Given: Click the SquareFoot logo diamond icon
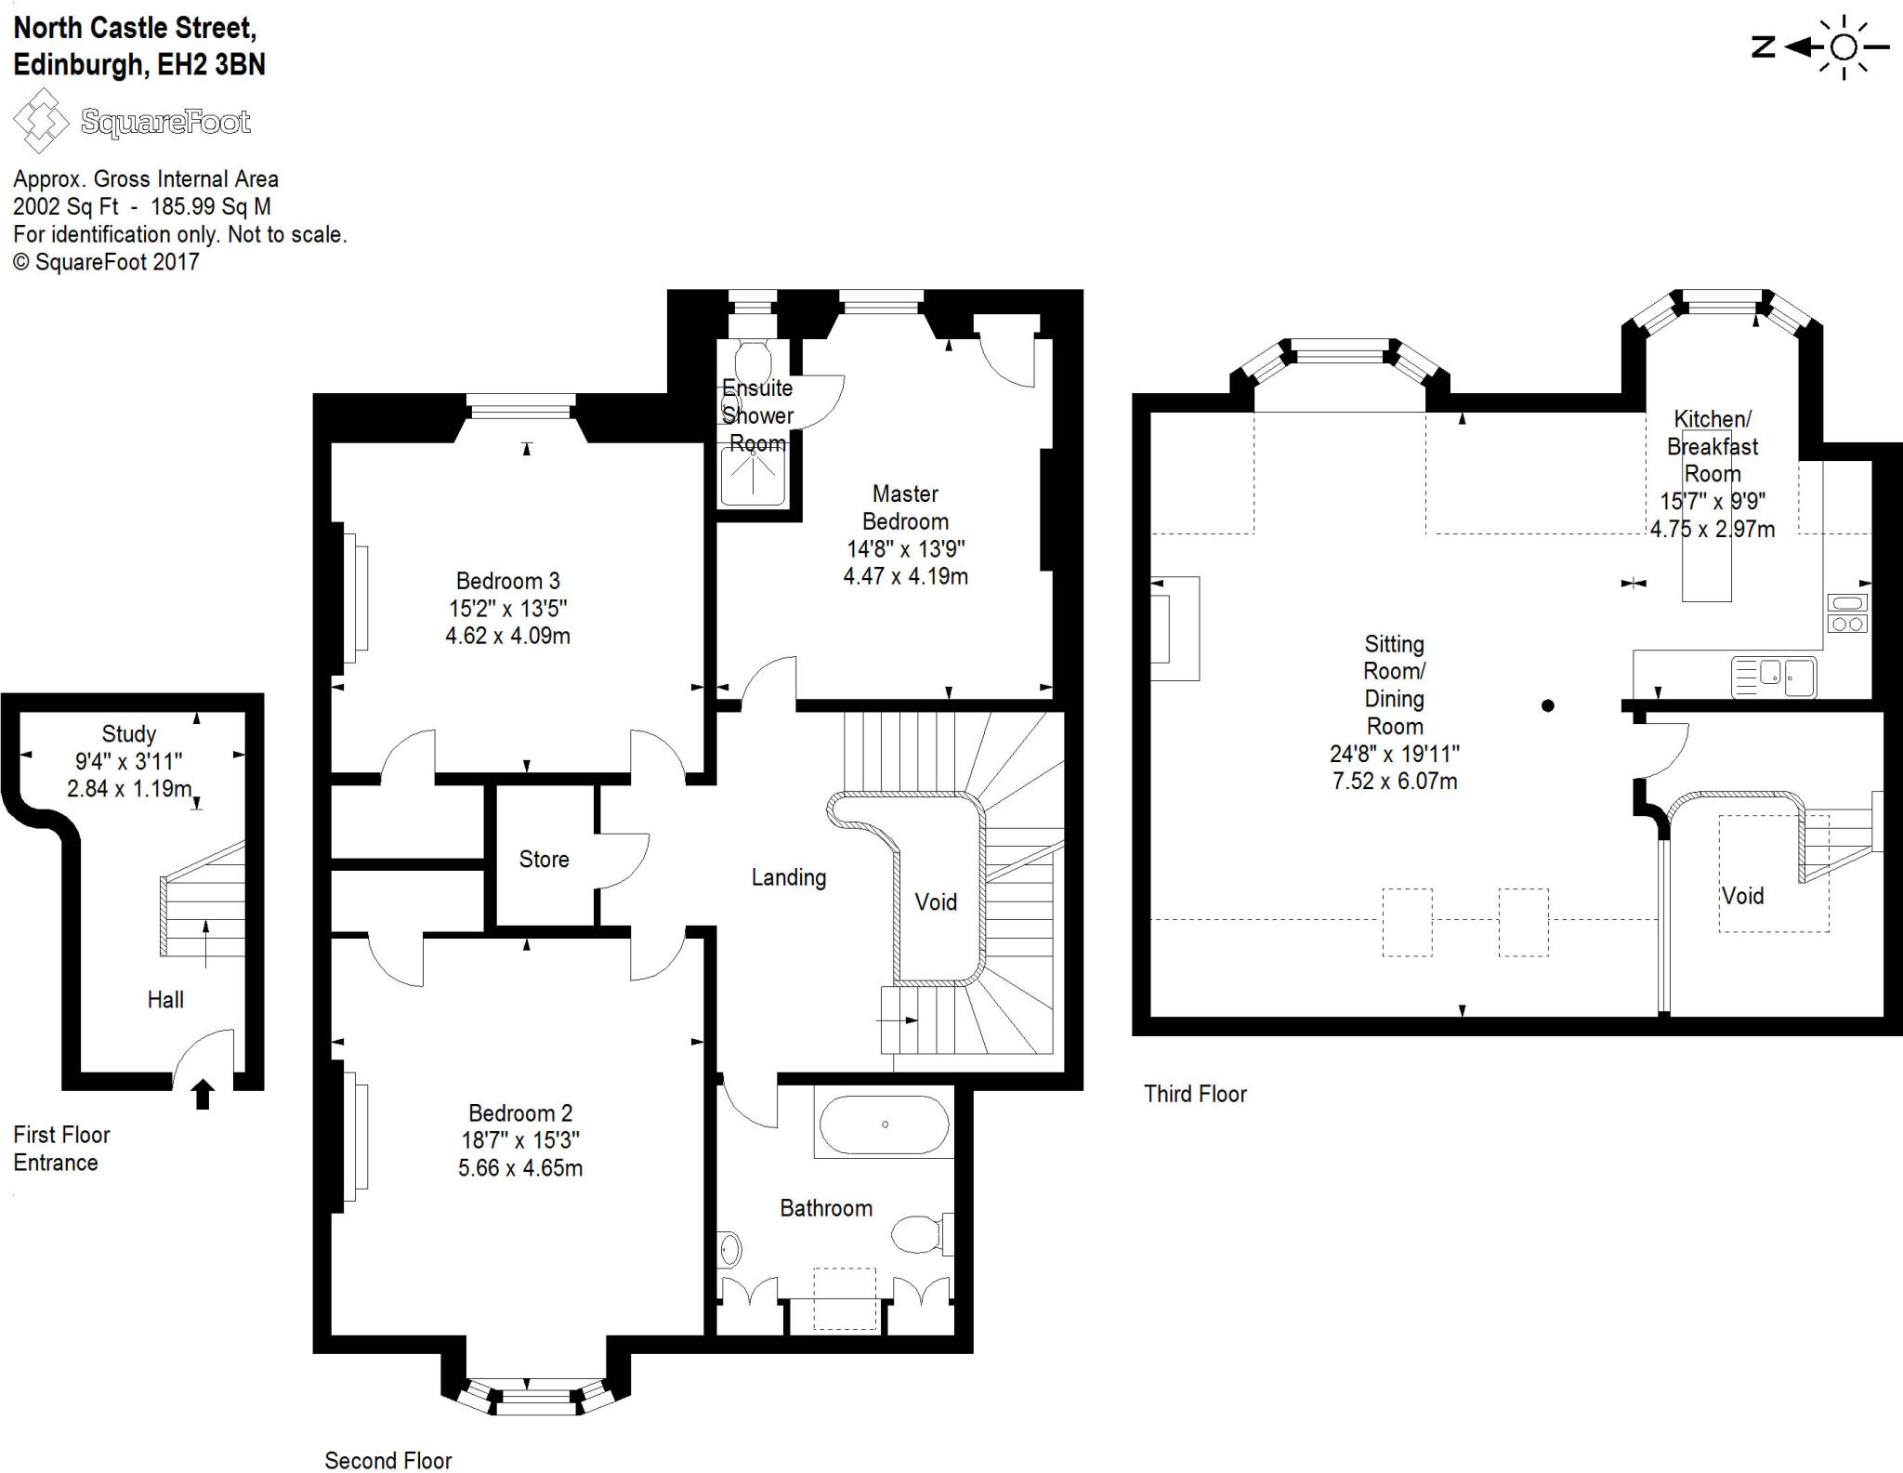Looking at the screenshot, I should (x=40, y=121).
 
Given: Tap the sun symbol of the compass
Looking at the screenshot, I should (x=1844, y=47).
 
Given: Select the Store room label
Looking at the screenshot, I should (x=544, y=859).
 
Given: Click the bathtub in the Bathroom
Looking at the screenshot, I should (x=885, y=1124).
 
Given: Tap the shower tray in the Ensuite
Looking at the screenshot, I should (x=753, y=476).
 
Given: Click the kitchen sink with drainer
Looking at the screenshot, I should (x=1773, y=677).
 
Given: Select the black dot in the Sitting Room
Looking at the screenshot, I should (x=1547, y=705).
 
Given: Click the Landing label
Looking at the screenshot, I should (x=788, y=877).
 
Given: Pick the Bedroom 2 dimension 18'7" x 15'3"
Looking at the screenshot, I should (x=520, y=1140).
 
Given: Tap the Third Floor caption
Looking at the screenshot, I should (x=1195, y=1094).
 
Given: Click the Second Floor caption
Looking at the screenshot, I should (x=387, y=1460).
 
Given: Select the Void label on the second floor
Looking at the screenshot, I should (x=935, y=901).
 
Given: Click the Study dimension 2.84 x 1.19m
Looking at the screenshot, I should (x=129, y=789).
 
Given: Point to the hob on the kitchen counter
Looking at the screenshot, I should (x=1847, y=613).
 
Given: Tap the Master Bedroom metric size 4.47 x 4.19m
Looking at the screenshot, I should (x=905, y=576).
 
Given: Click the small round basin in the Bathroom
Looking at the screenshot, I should (x=730, y=1250).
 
